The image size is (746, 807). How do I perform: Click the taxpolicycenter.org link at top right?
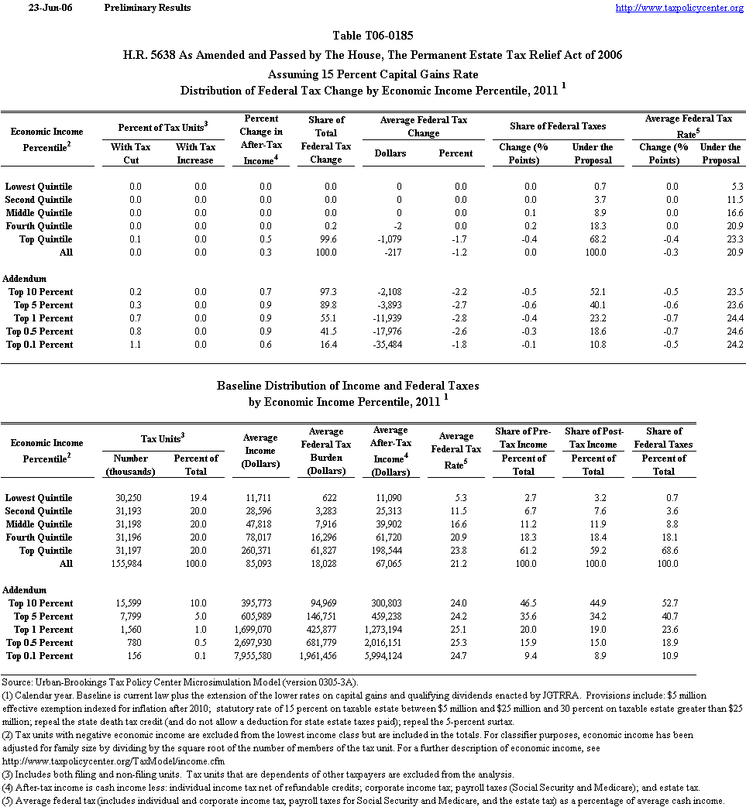(x=679, y=8)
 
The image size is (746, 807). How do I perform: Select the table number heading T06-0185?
(x=372, y=36)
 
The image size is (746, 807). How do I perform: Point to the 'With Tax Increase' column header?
(x=195, y=153)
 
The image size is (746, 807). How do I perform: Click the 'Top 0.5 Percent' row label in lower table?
(x=40, y=643)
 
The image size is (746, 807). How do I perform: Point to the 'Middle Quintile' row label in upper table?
(x=39, y=213)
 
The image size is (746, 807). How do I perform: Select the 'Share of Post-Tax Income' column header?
(x=593, y=438)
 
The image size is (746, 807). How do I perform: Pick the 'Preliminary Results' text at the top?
(x=146, y=8)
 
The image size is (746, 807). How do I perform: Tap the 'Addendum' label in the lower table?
(x=25, y=589)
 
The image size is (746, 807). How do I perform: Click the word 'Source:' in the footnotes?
(x=17, y=682)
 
